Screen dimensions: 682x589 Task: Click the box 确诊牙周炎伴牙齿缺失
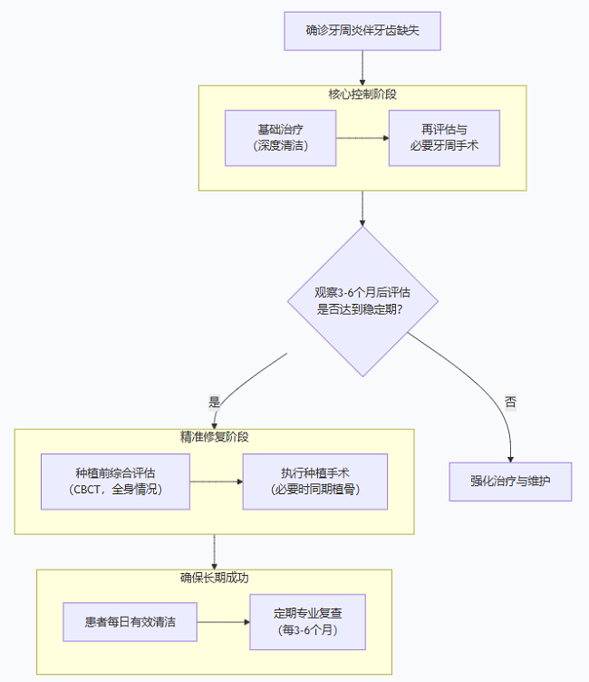point(362,31)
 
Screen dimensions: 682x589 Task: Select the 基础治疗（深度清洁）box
point(281,138)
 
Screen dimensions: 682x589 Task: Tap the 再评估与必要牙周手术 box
point(444,138)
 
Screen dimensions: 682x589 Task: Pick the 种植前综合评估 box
point(115,482)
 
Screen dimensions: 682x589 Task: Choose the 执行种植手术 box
point(315,482)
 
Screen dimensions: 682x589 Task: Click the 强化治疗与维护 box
point(511,482)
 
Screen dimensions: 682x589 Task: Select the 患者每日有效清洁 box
point(130,622)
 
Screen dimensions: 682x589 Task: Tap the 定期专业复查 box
point(308,622)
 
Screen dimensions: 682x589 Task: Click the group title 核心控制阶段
point(362,93)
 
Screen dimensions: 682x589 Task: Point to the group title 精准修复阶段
point(214,436)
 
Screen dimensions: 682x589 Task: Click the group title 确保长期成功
point(214,577)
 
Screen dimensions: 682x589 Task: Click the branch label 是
point(215,400)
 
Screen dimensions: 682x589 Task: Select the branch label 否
point(510,401)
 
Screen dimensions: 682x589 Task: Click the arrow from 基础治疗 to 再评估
point(362,138)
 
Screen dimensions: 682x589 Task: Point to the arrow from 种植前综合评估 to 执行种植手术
point(216,482)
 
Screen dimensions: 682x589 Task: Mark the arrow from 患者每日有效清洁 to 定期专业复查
point(223,622)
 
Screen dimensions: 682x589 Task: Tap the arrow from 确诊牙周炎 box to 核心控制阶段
point(362,67)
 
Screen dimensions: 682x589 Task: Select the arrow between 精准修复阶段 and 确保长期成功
point(214,551)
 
